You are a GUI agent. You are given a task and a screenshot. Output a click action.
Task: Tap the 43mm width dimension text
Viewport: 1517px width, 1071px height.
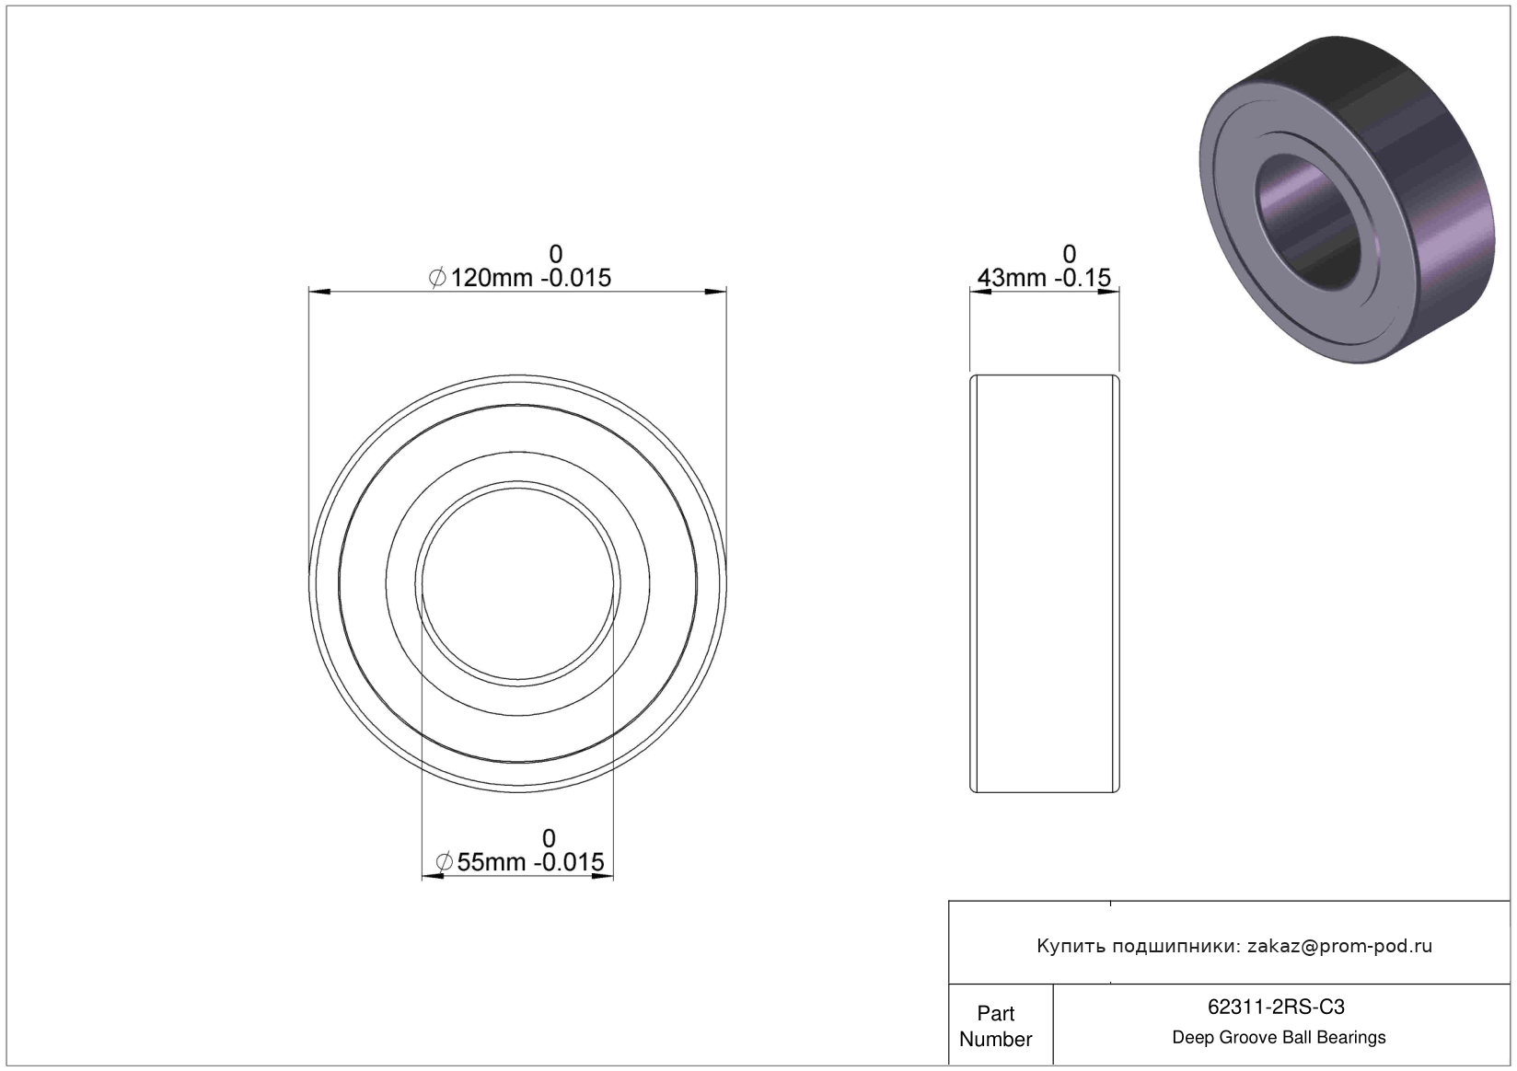[1044, 278]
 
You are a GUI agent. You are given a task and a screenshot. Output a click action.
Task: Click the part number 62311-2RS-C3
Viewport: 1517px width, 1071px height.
[1276, 1007]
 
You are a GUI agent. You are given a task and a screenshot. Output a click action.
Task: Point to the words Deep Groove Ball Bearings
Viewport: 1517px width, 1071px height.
[1279, 1037]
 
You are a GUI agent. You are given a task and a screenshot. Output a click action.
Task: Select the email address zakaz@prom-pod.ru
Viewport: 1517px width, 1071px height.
[1339, 946]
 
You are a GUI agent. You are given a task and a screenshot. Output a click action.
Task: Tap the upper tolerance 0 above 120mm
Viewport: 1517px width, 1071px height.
[555, 255]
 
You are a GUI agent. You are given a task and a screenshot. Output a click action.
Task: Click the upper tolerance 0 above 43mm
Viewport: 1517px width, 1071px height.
[1069, 255]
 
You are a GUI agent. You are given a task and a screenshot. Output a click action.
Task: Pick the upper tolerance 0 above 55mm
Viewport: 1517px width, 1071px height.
[549, 839]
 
